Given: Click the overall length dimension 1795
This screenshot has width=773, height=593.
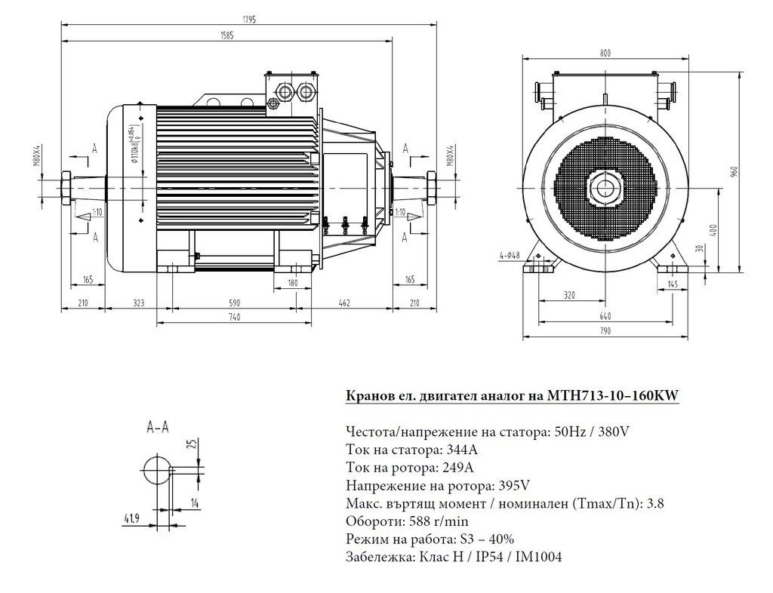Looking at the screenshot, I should pos(250,19).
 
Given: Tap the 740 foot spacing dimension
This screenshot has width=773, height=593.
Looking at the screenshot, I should pos(234,318).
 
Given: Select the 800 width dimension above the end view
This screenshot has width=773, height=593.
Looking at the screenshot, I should pos(605,54).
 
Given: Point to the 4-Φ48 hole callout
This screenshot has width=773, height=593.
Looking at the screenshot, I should pos(508,255).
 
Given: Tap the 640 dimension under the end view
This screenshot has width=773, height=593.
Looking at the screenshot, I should pos(605,317).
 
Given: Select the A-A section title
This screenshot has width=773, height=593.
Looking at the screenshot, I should pos(157,427).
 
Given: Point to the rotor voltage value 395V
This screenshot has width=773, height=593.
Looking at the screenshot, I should pos(513,485).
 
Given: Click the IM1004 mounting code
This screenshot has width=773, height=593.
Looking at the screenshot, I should pos(537,557).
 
